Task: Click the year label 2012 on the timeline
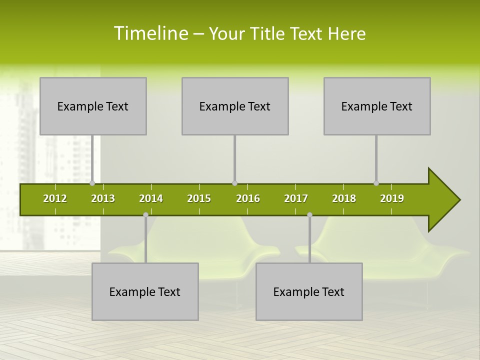pyautogui.click(x=55, y=198)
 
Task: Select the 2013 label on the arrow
pyautogui.click(x=103, y=198)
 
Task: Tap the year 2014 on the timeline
pyautogui.click(x=151, y=198)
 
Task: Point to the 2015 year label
pyautogui.click(x=199, y=198)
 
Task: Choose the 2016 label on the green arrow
pyautogui.click(x=248, y=198)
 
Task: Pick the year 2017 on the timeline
pyautogui.click(x=296, y=198)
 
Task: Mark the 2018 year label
pyautogui.click(x=344, y=198)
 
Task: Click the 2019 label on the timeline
pyautogui.click(x=392, y=198)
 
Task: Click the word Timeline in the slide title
pyautogui.click(x=150, y=33)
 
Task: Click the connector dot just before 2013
pyautogui.click(x=92, y=183)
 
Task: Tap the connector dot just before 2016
pyautogui.click(x=234, y=183)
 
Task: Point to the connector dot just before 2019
pyautogui.click(x=376, y=183)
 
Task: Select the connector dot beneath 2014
pyautogui.click(x=145, y=214)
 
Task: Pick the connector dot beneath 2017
pyautogui.click(x=309, y=214)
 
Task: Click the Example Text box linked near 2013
pyautogui.click(x=93, y=106)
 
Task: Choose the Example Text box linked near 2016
pyautogui.click(x=235, y=106)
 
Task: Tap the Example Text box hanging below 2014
pyautogui.click(x=145, y=291)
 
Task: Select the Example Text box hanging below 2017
pyautogui.click(x=309, y=291)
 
